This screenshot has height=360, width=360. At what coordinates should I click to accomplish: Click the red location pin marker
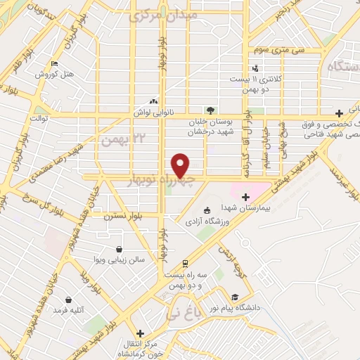(x=181, y=165)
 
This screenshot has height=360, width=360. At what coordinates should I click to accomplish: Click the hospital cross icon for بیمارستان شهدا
(x=246, y=196)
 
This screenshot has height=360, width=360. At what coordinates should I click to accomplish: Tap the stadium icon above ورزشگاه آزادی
(x=206, y=210)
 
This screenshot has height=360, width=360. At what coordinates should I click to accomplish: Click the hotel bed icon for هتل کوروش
(x=55, y=64)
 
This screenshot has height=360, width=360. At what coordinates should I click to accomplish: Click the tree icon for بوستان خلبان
(x=209, y=109)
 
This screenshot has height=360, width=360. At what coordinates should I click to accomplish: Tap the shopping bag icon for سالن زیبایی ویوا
(x=120, y=249)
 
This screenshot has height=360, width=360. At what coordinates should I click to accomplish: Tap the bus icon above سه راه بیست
(x=184, y=264)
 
